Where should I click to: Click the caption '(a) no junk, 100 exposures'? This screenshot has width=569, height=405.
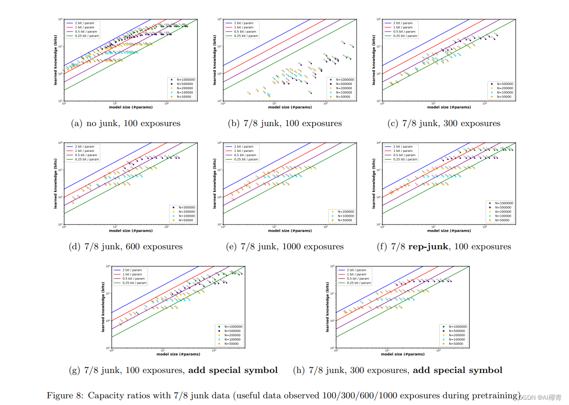(126, 123)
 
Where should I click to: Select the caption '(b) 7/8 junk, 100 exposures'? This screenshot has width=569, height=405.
(284, 123)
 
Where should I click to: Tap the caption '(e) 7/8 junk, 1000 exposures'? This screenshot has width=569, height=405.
(284, 247)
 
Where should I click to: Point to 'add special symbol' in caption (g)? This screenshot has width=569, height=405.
(233, 370)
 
